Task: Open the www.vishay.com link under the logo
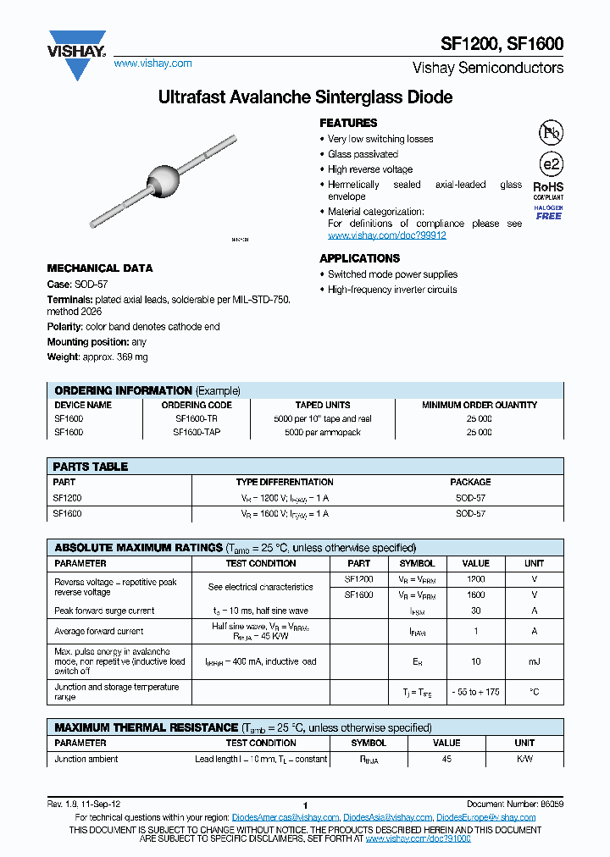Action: tap(152, 64)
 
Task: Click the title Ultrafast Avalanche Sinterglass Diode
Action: tap(305, 97)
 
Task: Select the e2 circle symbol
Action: tap(551, 164)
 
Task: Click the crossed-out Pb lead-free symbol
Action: tap(551, 132)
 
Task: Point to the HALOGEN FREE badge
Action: tap(548, 213)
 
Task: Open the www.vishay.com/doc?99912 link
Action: tap(386, 235)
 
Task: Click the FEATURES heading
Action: tap(348, 123)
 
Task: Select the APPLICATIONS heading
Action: tap(359, 258)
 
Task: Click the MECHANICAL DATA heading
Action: tap(100, 268)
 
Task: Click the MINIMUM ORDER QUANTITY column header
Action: tap(480, 405)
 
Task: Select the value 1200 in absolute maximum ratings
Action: tap(476, 578)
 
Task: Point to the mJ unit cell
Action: tap(534, 661)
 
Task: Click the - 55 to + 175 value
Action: tap(475, 692)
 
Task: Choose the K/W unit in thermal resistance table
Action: tap(524, 759)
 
